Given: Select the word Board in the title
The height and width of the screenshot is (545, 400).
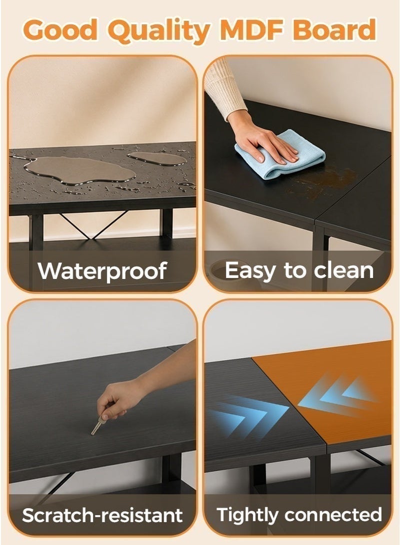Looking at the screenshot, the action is [334, 30].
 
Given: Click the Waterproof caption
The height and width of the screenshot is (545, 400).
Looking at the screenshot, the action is [102, 271].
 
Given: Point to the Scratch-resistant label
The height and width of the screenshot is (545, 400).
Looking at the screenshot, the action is [102, 515].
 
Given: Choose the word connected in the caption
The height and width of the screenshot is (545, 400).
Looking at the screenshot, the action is [333, 515].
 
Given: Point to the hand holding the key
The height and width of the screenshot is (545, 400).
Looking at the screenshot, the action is [116, 400].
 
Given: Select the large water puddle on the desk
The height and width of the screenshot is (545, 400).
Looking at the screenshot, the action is [79, 170].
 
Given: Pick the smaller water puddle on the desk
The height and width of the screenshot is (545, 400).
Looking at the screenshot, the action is [157, 159].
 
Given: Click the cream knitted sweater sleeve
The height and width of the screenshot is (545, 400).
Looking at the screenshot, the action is [224, 90].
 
